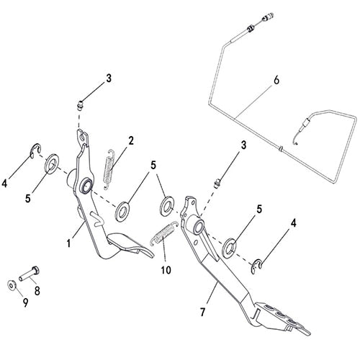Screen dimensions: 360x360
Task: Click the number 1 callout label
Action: pyautogui.click(x=69, y=244)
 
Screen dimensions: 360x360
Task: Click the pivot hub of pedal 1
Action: pyautogui.click(x=86, y=186)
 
